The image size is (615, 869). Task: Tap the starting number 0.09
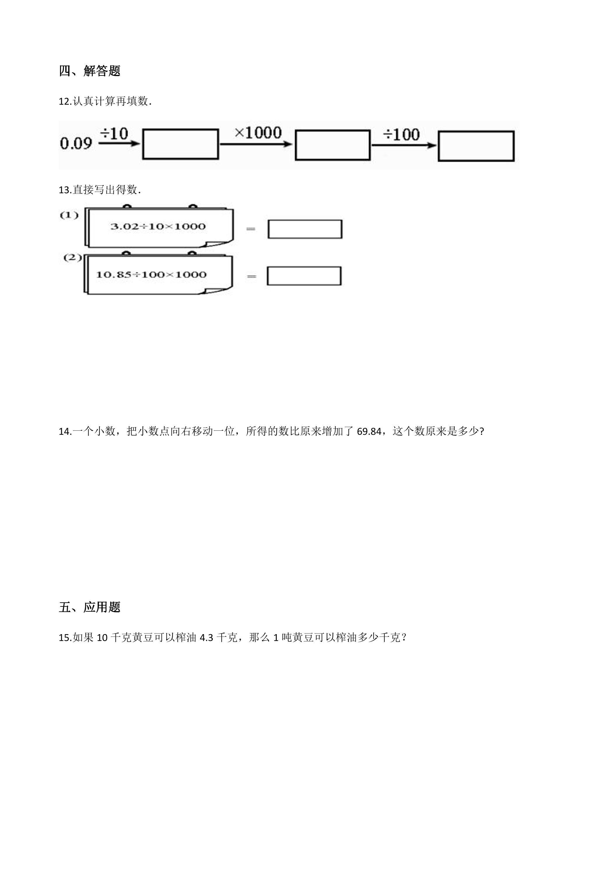[76, 143]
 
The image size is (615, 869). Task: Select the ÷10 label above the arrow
[114, 133]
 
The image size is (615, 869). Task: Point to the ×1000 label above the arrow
[258, 133]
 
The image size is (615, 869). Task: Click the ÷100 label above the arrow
[401, 135]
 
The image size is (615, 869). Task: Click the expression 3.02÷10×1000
[158, 226]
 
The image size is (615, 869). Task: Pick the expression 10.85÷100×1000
[151, 275]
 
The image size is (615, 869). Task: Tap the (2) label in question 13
[73, 258]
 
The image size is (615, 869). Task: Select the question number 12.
[64, 101]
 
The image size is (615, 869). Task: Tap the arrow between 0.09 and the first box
[119, 143]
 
